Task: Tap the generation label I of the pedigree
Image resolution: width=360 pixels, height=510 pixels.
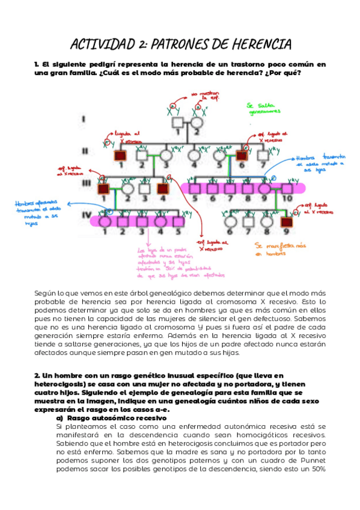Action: (84, 120)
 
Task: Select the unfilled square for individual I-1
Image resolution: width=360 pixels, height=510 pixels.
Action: (178, 124)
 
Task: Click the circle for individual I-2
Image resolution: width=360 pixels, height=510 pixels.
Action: (196, 124)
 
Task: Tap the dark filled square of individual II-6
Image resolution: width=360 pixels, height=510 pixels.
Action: (243, 155)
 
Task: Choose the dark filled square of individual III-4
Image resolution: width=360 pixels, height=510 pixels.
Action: (162, 188)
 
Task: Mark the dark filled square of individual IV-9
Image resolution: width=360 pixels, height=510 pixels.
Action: (288, 221)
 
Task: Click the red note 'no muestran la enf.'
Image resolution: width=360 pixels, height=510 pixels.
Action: (204, 95)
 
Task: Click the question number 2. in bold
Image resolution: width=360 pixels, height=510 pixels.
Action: (37, 374)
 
